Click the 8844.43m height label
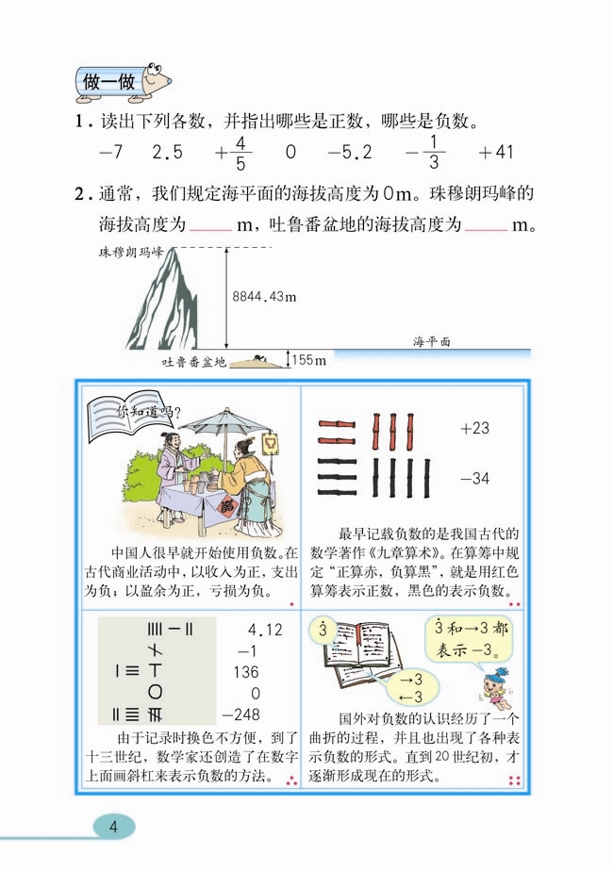(264, 298)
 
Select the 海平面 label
(432, 342)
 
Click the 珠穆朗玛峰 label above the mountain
(131, 252)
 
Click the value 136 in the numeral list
(244, 672)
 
